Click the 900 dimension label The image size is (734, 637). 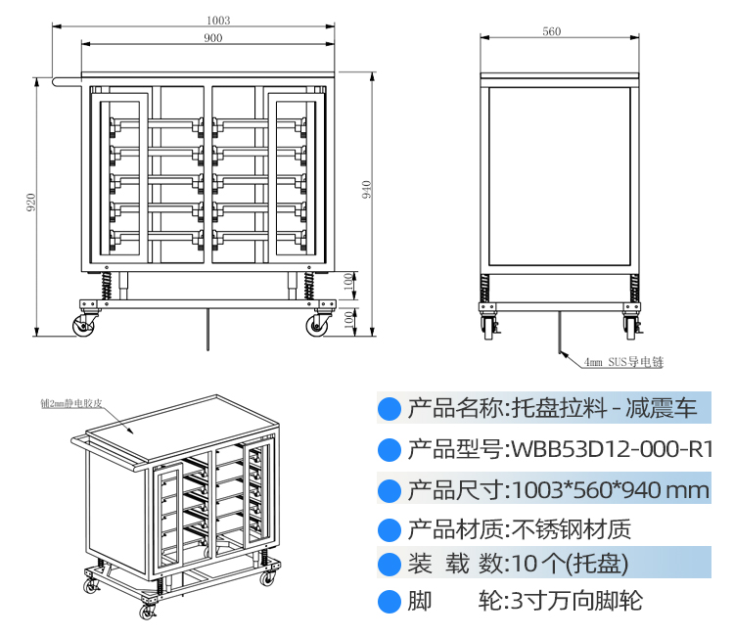(212, 38)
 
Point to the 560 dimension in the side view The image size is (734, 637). (551, 32)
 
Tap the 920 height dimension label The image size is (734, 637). (30, 203)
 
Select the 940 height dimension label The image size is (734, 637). (367, 190)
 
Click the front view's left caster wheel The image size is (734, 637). (81, 324)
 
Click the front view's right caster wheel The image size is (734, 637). (318, 324)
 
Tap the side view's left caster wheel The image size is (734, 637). (488, 325)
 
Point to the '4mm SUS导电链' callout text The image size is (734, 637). (623, 363)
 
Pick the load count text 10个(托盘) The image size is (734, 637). (567, 564)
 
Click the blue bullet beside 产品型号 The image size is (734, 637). (390, 449)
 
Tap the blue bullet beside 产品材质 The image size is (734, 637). (390, 529)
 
